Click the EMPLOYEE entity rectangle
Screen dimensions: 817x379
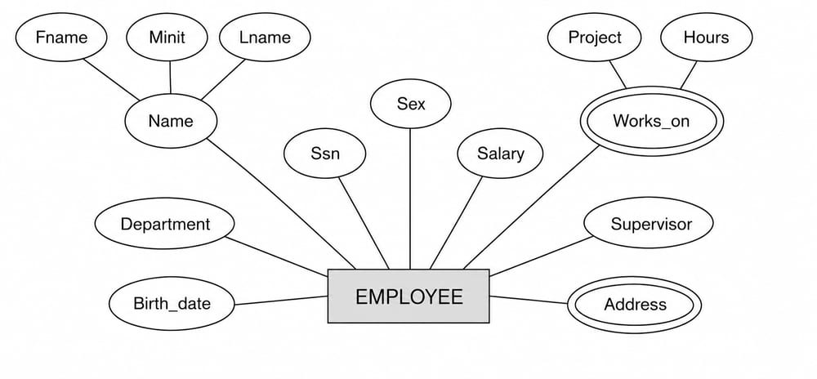pyautogui.click(x=408, y=297)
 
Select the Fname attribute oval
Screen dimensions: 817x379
pyautogui.click(x=61, y=38)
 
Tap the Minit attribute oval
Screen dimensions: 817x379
pyautogui.click(x=167, y=38)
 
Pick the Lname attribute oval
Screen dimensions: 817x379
pyautogui.click(x=265, y=38)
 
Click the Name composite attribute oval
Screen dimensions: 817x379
pyautogui.click(x=171, y=121)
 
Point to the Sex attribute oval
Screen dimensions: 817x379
pyautogui.click(x=411, y=104)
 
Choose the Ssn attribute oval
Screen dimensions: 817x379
pyautogui.click(x=325, y=154)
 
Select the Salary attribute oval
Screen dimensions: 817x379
pyautogui.click(x=500, y=154)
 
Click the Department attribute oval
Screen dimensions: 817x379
pyautogui.click(x=165, y=224)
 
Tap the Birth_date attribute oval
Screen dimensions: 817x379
pyautogui.click(x=172, y=304)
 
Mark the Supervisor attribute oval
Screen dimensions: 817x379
pyautogui.click(x=649, y=223)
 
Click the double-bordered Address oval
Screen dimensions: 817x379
pyautogui.click(x=635, y=305)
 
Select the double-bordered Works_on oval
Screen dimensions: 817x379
pyautogui.click(x=651, y=122)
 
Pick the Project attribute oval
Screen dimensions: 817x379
pyautogui.click(x=595, y=38)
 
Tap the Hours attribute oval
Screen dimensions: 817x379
pyautogui.click(x=706, y=38)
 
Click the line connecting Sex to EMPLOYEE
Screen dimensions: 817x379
pyautogui.click(x=410, y=198)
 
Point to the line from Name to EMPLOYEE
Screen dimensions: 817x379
pyautogui.click(x=281, y=204)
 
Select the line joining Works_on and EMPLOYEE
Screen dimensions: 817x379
pyautogui.click(x=532, y=207)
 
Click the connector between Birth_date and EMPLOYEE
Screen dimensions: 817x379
pyautogui.click(x=281, y=301)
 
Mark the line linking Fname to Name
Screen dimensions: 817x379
pyautogui.click(x=111, y=79)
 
